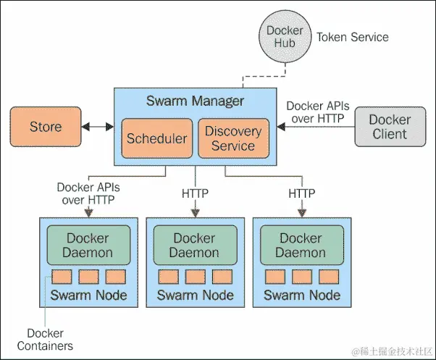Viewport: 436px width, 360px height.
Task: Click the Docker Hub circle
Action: [x=285, y=38]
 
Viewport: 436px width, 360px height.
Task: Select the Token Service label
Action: [x=353, y=37]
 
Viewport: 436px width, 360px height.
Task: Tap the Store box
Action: [x=46, y=127]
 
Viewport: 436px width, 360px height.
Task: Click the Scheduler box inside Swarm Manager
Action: [x=156, y=138]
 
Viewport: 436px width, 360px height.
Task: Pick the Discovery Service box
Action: [x=233, y=138]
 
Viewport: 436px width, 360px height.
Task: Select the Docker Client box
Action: [x=390, y=127]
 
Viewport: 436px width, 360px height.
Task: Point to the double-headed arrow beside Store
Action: [x=97, y=127]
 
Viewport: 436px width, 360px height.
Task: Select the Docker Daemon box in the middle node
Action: [x=195, y=246]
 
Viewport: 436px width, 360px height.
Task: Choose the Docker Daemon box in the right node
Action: [x=301, y=246]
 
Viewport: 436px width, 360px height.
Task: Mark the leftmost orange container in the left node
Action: [x=62, y=277]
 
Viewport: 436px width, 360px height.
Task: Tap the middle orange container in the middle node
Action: [x=195, y=277]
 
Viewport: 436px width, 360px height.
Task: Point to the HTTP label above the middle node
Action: [x=195, y=193]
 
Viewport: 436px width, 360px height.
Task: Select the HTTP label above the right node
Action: [x=301, y=193]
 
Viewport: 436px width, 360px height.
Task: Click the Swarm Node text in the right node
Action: [x=301, y=295]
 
